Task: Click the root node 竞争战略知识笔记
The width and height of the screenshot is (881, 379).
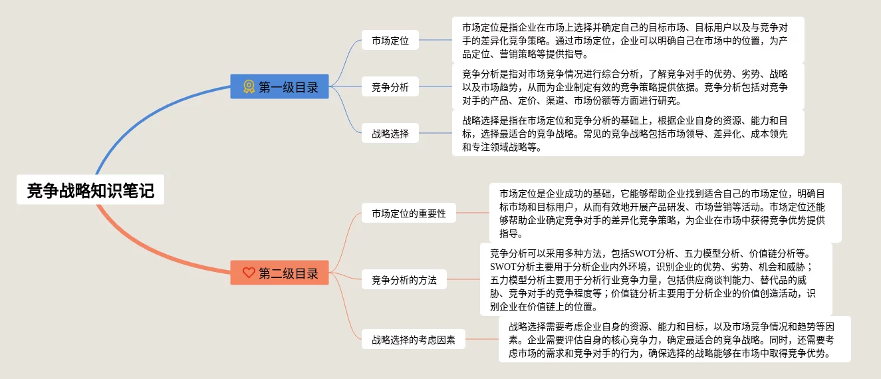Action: coord(90,191)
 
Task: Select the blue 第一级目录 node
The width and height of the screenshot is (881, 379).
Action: coord(279,86)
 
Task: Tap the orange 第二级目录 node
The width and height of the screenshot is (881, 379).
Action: coord(279,273)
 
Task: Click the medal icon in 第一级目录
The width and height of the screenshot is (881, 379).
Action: coord(249,86)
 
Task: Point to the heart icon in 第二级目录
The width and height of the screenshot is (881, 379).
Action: coord(249,273)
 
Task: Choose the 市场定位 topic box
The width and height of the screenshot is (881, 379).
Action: coord(390,41)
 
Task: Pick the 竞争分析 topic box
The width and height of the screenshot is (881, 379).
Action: coord(390,86)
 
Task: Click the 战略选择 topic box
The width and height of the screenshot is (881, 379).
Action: coord(390,133)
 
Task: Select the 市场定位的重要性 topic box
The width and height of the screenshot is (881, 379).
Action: coord(409,213)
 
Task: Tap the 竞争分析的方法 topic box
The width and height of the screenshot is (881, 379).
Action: coord(404,280)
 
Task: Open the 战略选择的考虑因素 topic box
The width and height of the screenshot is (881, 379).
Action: coord(414,339)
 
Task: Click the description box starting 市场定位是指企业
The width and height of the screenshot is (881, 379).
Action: coord(628,41)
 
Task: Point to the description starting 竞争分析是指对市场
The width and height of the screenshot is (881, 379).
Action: coord(628,86)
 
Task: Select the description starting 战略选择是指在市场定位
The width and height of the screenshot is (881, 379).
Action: coord(628,133)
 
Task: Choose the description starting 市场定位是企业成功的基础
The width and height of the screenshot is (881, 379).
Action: coord(665,213)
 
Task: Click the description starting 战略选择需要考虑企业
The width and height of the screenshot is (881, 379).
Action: coord(674,339)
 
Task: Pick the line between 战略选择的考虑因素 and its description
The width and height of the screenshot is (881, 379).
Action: coord(482,339)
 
